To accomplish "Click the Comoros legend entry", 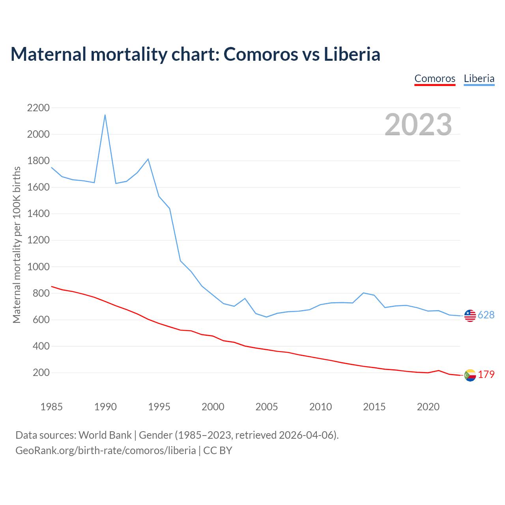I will [435, 79].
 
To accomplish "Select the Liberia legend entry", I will [479, 79].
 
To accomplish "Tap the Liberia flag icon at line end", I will [470, 316].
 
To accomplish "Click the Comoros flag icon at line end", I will [470, 375].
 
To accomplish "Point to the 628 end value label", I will [486, 315].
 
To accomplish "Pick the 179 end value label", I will [486, 374].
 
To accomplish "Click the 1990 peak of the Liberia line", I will [105, 115].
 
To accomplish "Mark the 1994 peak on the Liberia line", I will [148, 159].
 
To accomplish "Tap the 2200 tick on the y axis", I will [38, 108].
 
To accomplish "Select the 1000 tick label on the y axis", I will [38, 267].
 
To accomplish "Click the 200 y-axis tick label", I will [41, 372].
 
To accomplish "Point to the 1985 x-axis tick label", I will [52, 406].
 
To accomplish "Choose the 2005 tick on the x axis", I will [267, 406].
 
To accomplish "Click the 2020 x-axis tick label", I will [428, 406].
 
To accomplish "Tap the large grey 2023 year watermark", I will [418, 124].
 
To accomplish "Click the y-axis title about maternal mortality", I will [17, 245].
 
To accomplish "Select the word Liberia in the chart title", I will [352, 54].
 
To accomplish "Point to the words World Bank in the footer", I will [105, 435].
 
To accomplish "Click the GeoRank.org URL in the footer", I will [106, 450].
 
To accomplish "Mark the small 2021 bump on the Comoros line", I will [439, 370].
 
